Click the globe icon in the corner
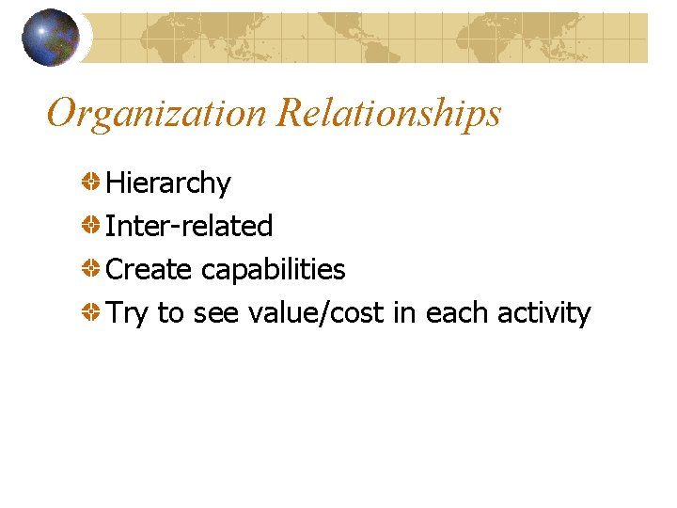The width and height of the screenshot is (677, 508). click(51, 38)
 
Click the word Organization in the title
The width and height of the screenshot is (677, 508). click(157, 114)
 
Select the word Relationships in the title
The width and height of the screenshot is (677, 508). click(389, 114)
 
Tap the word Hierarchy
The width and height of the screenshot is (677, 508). click(168, 183)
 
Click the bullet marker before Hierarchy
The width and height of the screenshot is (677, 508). click(91, 182)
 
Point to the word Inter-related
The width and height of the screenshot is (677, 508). click(189, 226)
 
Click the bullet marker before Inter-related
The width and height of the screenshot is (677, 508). click(91, 225)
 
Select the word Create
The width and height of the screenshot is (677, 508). click(150, 270)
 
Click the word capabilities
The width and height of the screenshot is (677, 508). click(274, 270)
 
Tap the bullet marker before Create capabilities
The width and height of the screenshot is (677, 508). click(91, 269)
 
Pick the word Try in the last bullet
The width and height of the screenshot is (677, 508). click(127, 313)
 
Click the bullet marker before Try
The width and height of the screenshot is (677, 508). click(91, 312)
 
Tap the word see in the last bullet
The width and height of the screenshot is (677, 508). click(216, 313)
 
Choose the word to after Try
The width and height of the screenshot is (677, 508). click(170, 313)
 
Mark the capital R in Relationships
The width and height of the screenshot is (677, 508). click(291, 114)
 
